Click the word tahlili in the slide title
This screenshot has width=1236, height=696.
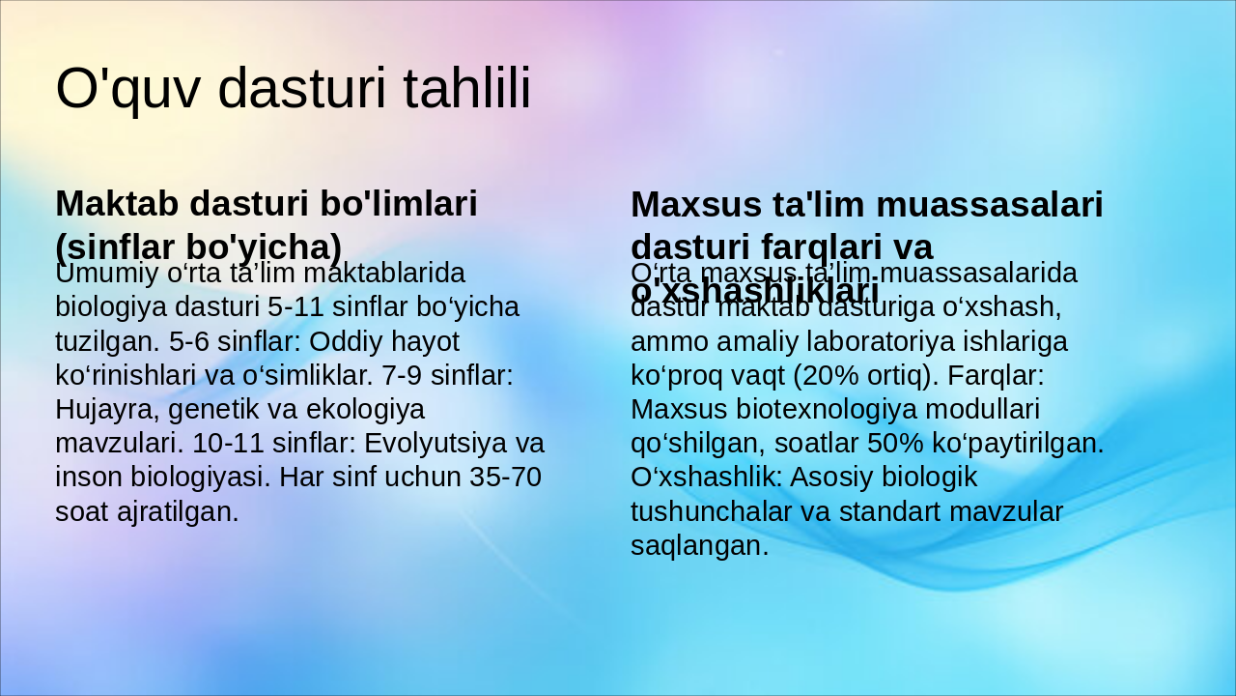465,89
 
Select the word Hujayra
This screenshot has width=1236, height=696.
108,410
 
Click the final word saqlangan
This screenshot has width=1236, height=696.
699,546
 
